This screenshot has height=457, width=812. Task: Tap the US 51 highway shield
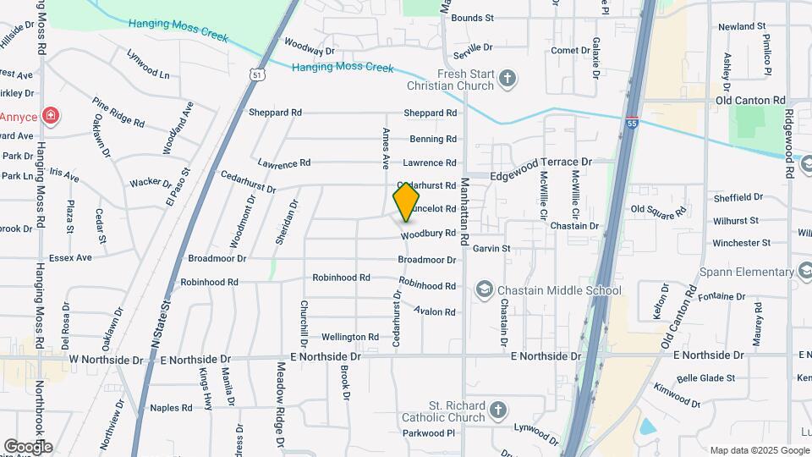point(258,75)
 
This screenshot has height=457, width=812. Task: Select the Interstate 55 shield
point(632,124)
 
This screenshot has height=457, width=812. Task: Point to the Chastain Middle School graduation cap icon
point(484,290)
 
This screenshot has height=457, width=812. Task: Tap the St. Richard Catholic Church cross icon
point(499,410)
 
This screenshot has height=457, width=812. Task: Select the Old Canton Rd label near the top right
point(750,100)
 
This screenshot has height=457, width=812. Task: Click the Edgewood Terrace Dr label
point(541,162)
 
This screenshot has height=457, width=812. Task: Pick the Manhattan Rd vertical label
point(464,212)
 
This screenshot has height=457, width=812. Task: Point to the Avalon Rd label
point(435,311)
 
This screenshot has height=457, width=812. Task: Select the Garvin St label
point(491,249)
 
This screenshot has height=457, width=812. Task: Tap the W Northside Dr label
point(107,360)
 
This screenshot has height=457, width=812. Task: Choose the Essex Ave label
point(70,257)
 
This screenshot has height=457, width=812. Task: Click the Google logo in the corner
point(28,446)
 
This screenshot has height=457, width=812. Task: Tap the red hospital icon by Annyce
point(50,116)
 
